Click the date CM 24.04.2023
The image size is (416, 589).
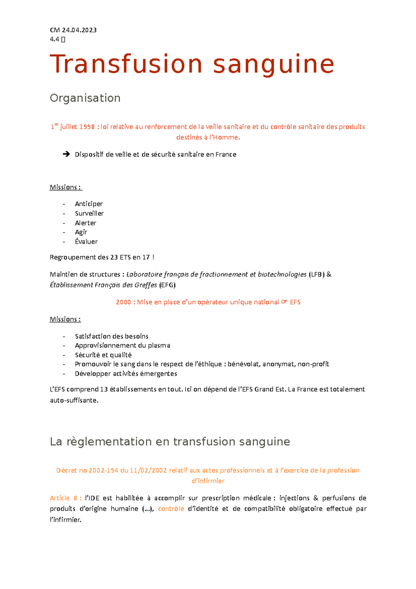(73, 30)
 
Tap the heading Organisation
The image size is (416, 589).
(85, 98)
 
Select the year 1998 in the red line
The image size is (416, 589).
(87, 127)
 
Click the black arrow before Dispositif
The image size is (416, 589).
(66, 154)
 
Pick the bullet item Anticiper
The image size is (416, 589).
(89, 204)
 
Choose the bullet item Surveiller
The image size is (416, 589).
(89, 213)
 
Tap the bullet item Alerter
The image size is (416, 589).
(85, 223)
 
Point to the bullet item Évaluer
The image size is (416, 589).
(86, 242)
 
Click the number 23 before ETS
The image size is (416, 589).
(114, 257)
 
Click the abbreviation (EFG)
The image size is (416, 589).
(167, 285)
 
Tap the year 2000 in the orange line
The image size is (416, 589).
(123, 302)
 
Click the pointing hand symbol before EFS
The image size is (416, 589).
(284, 302)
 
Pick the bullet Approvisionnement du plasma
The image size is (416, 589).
(122, 345)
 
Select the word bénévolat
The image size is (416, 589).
(244, 364)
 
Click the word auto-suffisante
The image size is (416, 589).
(74, 400)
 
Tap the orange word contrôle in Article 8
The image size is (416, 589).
(171, 509)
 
